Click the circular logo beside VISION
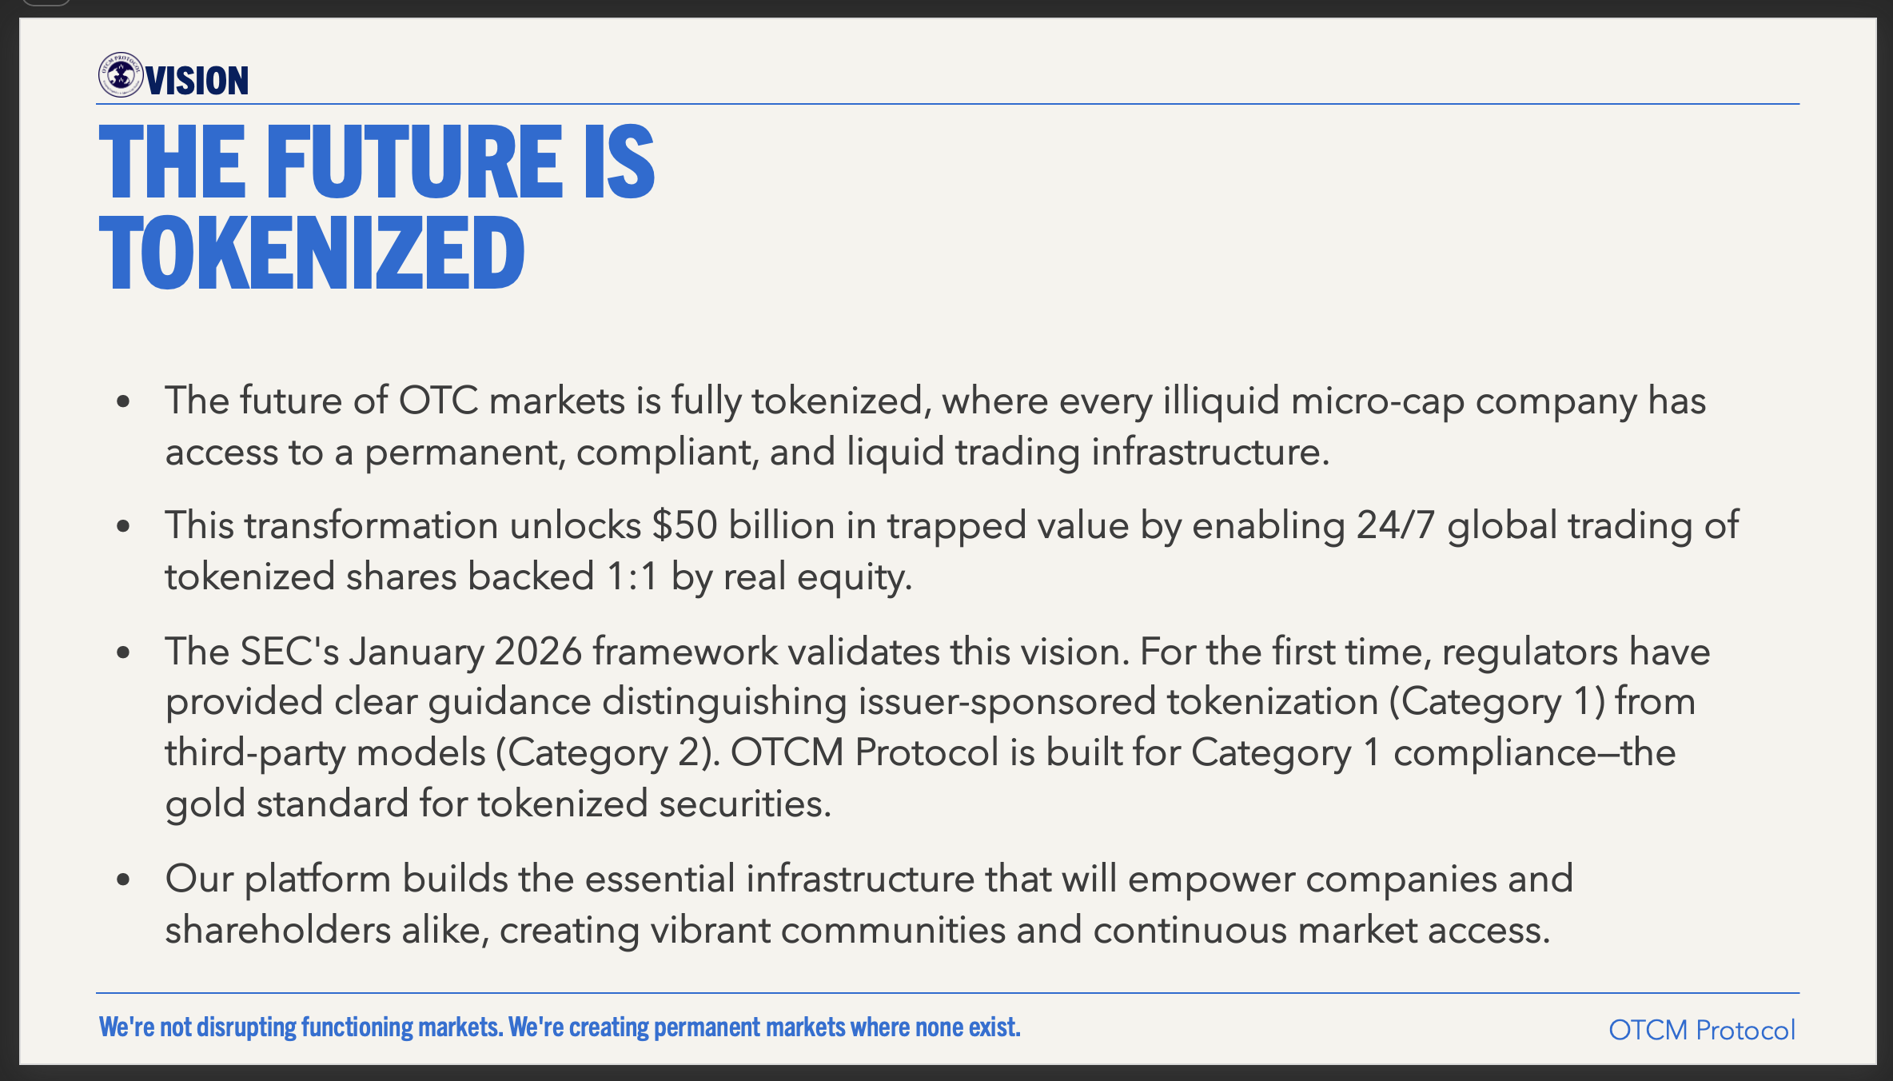coord(121,75)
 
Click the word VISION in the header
coord(197,81)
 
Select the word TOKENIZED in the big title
coord(312,253)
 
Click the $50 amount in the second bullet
coord(684,525)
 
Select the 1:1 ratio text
coord(632,576)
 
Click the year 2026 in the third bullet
coord(538,652)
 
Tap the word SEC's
coord(290,652)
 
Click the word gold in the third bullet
coord(205,804)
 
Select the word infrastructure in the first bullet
coord(1210,452)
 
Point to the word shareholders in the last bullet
coord(278,930)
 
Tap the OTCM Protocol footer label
coord(1702,1030)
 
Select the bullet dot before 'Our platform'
coord(123,880)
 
